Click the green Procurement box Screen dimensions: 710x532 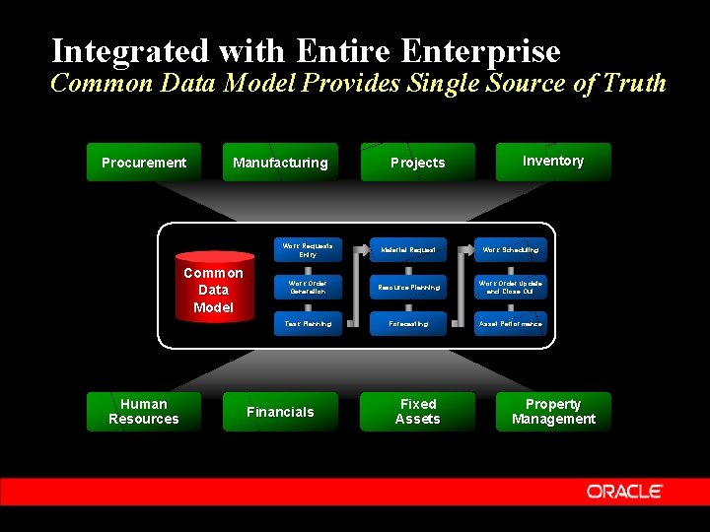(x=144, y=163)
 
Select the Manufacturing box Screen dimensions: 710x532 (x=280, y=163)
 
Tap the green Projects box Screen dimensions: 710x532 (x=417, y=163)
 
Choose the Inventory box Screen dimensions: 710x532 (x=552, y=162)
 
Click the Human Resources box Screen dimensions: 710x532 (x=144, y=412)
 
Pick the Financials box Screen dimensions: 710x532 (x=280, y=412)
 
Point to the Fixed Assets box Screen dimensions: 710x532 (x=417, y=412)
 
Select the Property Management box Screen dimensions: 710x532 (x=552, y=412)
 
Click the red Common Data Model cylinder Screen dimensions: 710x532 (x=213, y=290)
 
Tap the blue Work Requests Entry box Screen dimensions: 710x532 (x=307, y=250)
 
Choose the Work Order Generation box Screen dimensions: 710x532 (x=307, y=287)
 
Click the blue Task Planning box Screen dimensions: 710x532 (x=307, y=323)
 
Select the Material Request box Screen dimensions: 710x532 (x=408, y=250)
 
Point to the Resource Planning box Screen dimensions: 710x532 (x=408, y=287)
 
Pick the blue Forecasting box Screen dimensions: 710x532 (x=408, y=323)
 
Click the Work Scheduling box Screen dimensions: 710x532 (x=510, y=250)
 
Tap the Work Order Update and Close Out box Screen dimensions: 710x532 (x=510, y=287)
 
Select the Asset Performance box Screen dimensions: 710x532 (x=510, y=323)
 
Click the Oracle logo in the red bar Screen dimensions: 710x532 (x=625, y=491)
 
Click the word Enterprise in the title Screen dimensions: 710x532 (x=480, y=50)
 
